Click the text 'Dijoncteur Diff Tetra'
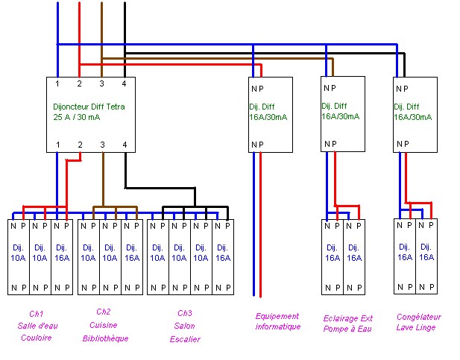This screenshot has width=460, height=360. point(89,107)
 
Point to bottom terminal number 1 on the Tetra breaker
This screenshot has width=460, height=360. point(57,144)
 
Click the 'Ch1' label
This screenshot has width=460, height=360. point(37,314)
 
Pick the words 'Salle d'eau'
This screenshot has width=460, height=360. point(37,326)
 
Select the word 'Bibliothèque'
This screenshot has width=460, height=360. point(105,338)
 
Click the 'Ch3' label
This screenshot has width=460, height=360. point(184,314)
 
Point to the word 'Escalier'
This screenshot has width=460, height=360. point(184,339)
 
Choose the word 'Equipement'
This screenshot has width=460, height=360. point(277,316)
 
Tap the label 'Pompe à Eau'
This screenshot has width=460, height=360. point(348,329)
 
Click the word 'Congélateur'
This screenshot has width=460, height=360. point(418,317)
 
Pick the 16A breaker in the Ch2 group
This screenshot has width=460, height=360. point(130,253)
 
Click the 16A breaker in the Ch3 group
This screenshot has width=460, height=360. point(222,253)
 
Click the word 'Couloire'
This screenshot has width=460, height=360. point(36,338)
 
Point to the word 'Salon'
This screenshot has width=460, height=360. point(184,326)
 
